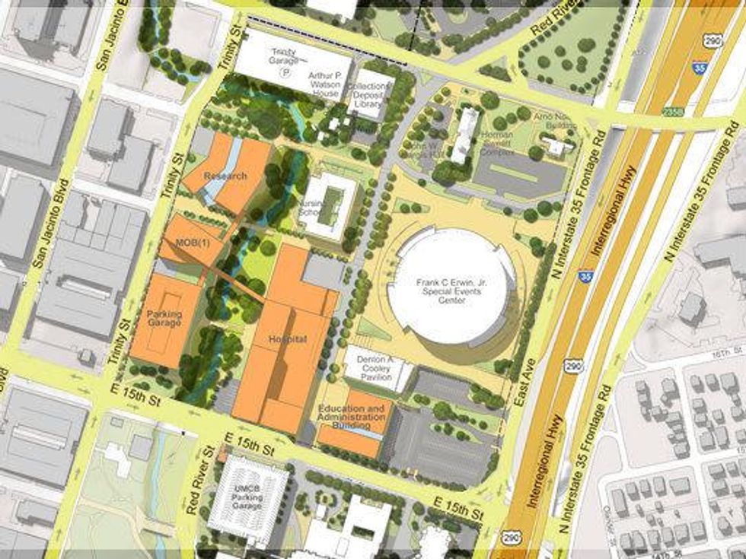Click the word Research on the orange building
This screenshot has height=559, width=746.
tap(225, 176)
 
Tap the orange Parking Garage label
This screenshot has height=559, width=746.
tap(164, 317)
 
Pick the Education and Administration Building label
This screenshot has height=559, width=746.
tap(352, 416)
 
